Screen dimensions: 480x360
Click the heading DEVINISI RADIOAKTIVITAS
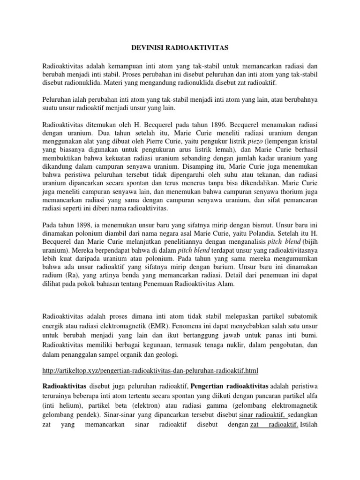click(x=180, y=48)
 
